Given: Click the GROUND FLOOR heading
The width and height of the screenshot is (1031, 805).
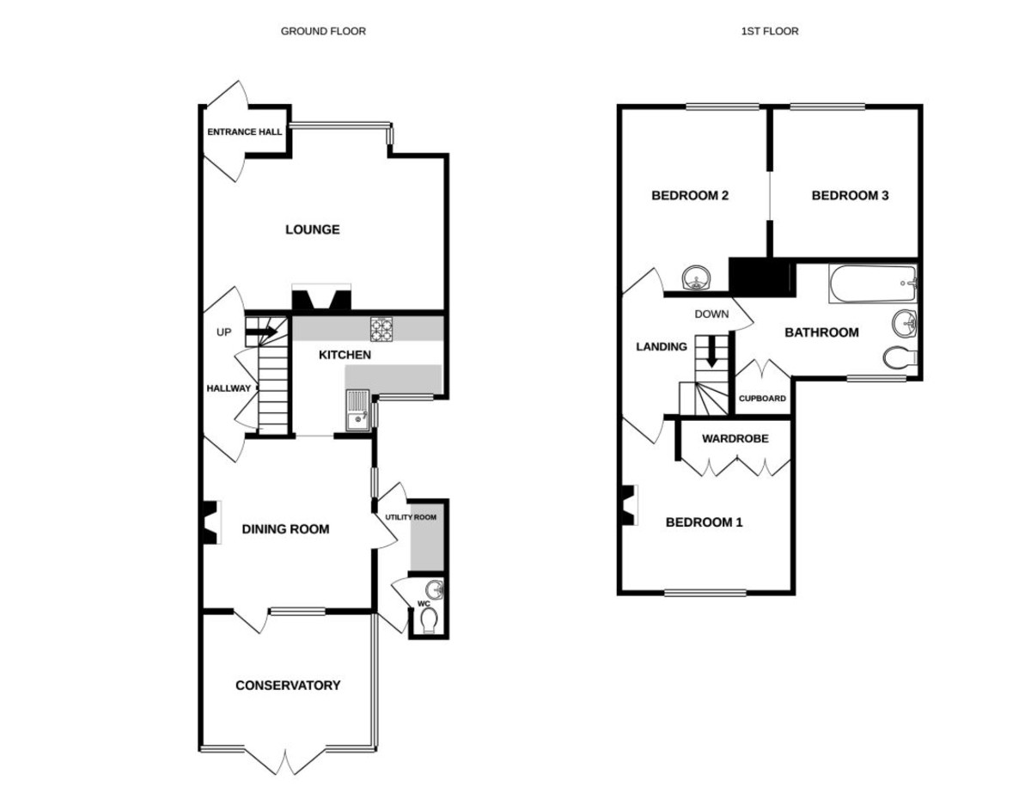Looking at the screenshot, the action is [323, 31].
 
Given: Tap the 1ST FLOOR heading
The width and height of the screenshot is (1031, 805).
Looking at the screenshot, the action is [770, 31].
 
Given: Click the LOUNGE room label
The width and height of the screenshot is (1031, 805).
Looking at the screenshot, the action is [313, 229].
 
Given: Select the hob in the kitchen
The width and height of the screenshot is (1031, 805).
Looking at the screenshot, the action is [381, 329].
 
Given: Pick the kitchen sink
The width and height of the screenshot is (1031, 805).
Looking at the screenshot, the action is [357, 411].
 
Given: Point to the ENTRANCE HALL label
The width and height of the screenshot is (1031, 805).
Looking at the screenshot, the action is [244, 131].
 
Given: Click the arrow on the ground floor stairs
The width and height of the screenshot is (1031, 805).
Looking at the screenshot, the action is [261, 332].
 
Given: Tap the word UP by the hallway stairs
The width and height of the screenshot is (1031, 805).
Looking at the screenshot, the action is [224, 332].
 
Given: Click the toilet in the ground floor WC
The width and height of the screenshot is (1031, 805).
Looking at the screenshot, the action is [430, 620].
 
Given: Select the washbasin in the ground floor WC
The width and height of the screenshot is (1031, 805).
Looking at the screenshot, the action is [435, 590].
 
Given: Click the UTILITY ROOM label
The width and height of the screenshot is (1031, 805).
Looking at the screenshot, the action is [411, 517].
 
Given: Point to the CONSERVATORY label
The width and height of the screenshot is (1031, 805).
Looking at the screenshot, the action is [288, 686].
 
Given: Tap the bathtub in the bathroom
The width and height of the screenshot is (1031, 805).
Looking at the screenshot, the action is [873, 284].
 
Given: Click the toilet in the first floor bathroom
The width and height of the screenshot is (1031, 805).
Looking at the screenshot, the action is [900, 357].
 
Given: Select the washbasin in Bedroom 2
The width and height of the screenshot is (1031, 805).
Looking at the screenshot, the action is [696, 278].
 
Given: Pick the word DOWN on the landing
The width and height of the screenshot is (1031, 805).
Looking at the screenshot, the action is [711, 314].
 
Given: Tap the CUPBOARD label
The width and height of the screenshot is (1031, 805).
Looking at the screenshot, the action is [762, 399].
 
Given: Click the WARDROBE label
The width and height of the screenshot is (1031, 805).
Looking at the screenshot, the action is [735, 438].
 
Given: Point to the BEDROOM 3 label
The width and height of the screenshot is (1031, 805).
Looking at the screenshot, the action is [851, 195].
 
